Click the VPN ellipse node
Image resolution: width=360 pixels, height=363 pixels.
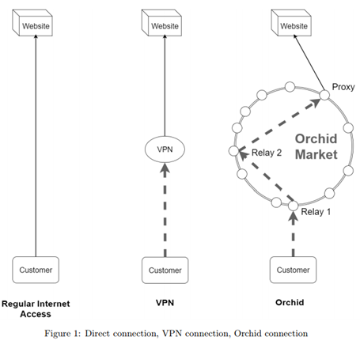165,149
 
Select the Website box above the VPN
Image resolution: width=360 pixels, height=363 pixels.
161,23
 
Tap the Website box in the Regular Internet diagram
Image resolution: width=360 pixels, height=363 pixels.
32,23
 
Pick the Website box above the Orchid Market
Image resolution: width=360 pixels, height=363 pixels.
291,23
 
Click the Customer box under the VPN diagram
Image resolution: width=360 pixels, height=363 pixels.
165,270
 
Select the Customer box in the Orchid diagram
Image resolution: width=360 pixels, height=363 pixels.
293,270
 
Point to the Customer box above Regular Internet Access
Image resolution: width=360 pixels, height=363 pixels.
36,270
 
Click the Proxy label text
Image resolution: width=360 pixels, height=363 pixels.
343,87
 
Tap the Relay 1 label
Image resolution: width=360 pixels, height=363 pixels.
316,211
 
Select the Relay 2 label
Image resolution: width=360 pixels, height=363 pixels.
267,153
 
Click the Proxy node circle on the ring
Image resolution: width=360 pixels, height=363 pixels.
324,95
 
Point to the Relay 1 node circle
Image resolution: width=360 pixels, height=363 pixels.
293,206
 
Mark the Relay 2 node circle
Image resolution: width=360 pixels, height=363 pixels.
234,151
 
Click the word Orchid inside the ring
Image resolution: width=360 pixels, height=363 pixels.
316,138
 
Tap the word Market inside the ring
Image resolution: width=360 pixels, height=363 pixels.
316,154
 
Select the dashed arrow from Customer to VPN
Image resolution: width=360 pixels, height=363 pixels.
165,210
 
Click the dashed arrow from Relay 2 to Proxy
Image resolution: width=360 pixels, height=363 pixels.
279,125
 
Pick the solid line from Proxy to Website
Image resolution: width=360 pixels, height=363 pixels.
309,63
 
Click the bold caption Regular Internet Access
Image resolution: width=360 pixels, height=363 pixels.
36,308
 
